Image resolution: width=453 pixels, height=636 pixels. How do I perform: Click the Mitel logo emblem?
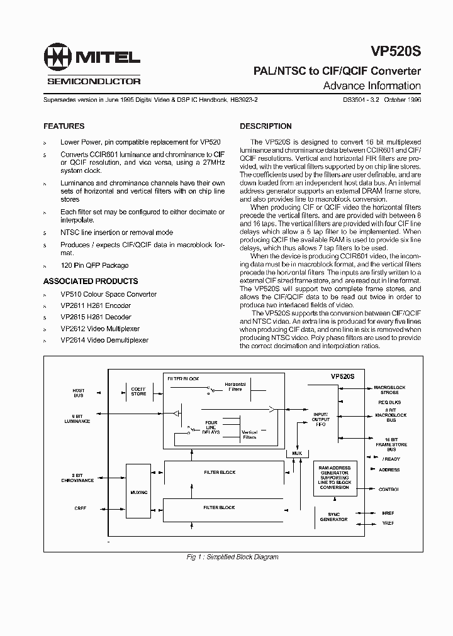(x=57, y=58)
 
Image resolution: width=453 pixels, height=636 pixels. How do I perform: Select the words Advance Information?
(x=372, y=86)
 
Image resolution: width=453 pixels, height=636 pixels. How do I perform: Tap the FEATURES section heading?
(x=64, y=126)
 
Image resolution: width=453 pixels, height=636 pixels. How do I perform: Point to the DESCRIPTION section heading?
(x=266, y=126)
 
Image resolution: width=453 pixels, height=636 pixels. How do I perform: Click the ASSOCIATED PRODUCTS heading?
(x=91, y=281)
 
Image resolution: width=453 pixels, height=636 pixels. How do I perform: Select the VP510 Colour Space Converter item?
(x=108, y=294)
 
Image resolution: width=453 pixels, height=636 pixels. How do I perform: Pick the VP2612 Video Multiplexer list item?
(x=104, y=329)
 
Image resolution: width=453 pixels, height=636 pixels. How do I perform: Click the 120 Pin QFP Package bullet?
(x=94, y=265)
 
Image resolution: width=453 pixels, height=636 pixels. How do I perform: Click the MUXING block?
(x=138, y=493)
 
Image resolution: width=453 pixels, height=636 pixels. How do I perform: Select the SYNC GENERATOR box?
(x=333, y=517)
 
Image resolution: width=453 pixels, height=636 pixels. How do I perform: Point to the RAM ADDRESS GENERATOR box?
(x=334, y=478)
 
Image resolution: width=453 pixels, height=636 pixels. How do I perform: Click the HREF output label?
(x=388, y=513)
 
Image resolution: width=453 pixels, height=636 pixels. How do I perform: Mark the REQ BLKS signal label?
(x=389, y=402)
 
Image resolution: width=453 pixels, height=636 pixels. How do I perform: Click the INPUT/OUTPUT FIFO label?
(x=321, y=419)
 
